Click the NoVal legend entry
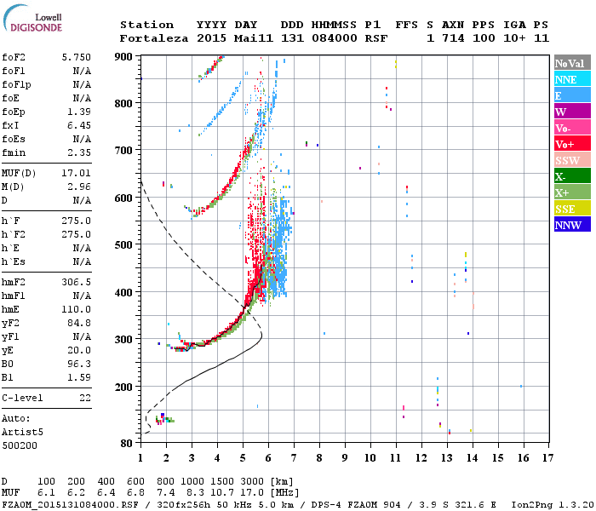[x=572, y=63]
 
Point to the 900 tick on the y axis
[x=124, y=57]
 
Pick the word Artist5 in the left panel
[x=22, y=432]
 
